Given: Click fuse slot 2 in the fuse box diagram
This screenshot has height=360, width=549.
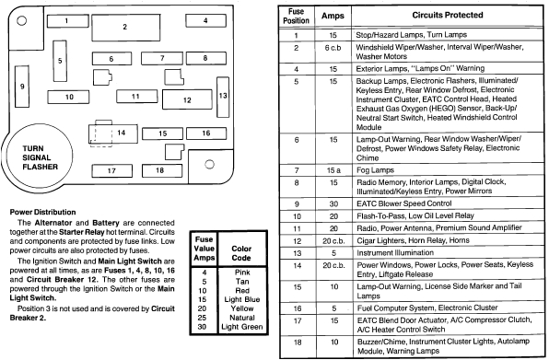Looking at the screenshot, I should (124, 27).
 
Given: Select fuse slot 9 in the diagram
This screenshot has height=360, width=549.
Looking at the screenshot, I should (22, 89).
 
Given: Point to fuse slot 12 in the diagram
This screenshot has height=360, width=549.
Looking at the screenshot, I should (186, 99).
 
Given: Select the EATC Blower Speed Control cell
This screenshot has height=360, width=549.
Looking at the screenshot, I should (411, 203).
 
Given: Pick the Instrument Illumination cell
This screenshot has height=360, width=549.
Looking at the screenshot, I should (403, 250).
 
